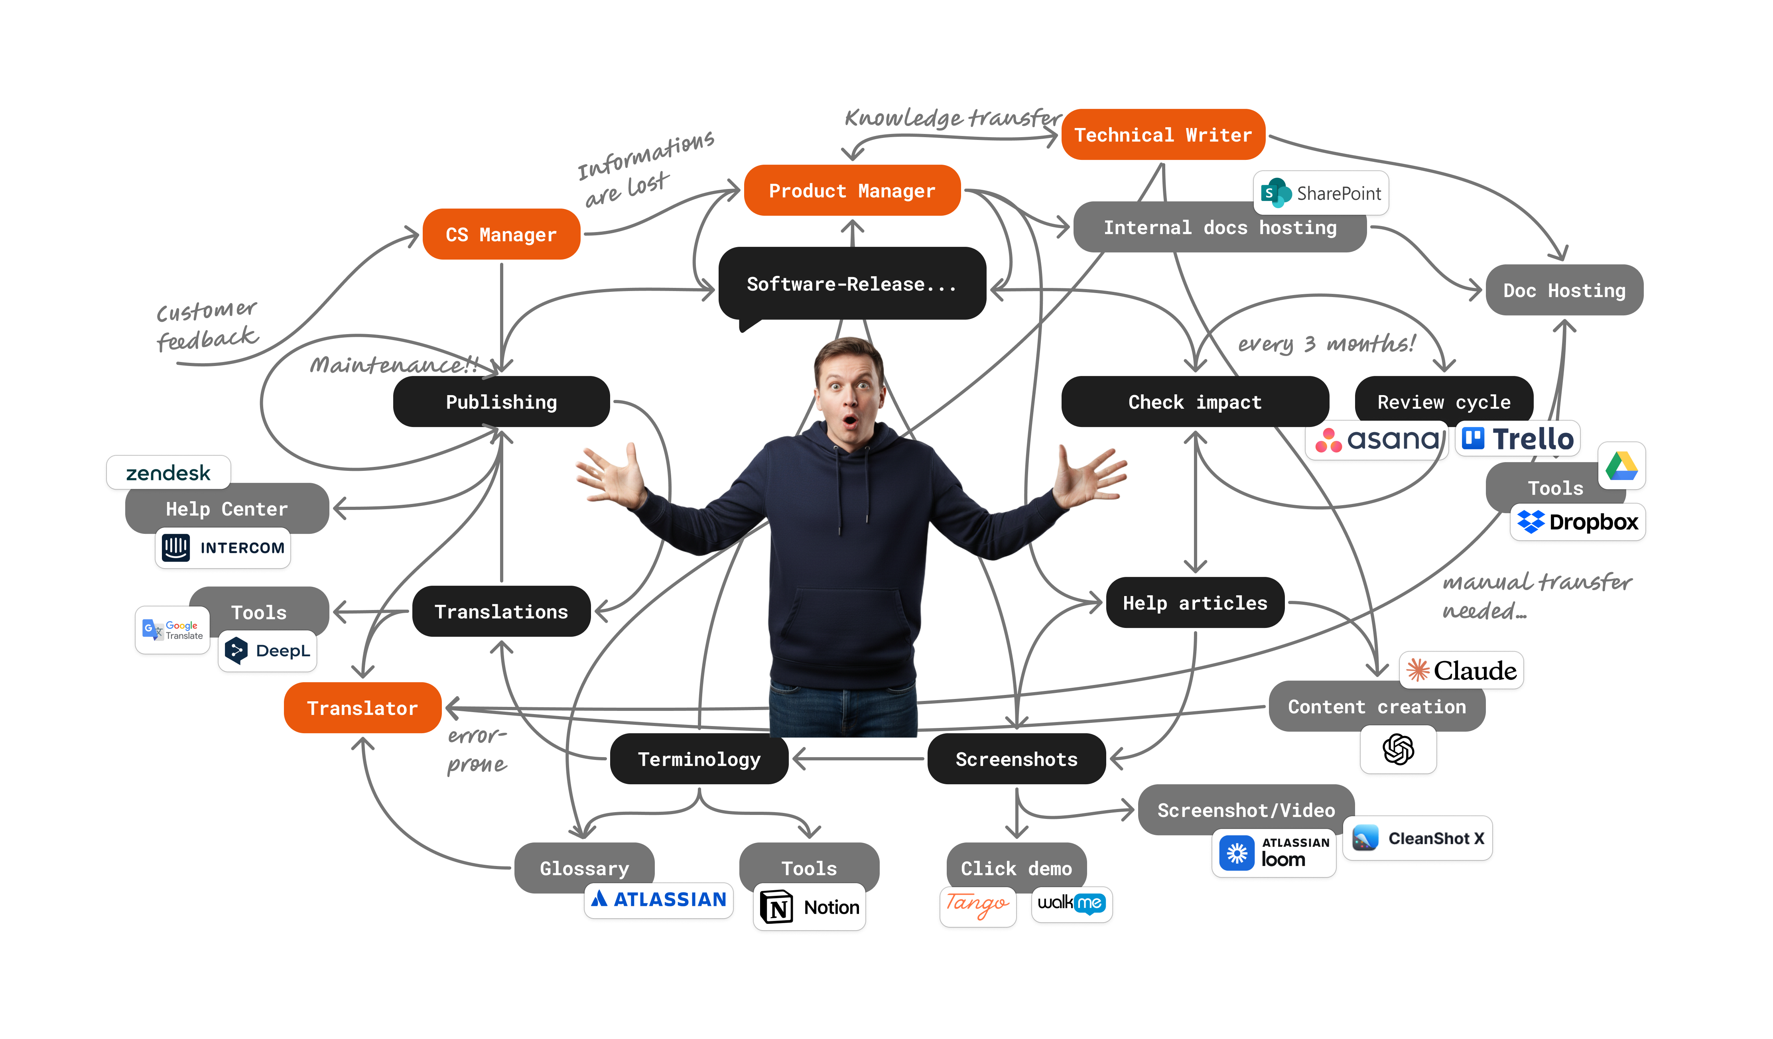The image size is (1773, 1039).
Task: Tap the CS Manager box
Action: coord(501,234)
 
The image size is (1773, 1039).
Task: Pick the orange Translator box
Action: coord(362,708)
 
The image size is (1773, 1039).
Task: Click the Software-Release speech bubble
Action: coord(851,284)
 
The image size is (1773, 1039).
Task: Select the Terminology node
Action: coord(699,759)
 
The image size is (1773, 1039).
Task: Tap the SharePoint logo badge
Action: coord(1321,193)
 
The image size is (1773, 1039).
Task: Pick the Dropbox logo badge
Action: coord(1578,522)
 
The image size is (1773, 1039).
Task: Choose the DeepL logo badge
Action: coord(267,651)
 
